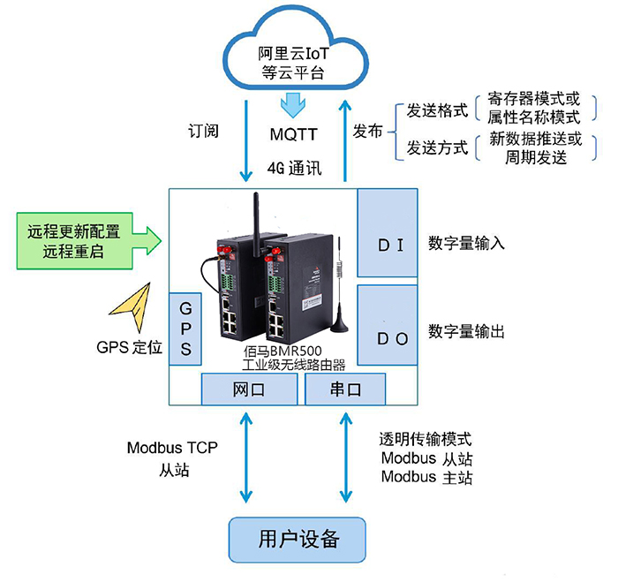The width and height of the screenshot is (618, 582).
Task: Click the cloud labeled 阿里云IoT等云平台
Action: [294, 62]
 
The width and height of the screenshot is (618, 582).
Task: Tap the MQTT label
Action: [294, 134]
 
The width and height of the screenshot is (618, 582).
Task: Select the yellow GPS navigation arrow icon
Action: [130, 306]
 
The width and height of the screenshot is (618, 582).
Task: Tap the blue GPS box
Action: [185, 329]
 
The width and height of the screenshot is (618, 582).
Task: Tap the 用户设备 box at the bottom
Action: [298, 537]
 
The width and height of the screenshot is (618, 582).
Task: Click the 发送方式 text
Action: [436, 147]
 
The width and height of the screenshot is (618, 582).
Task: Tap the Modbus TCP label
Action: [172, 448]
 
